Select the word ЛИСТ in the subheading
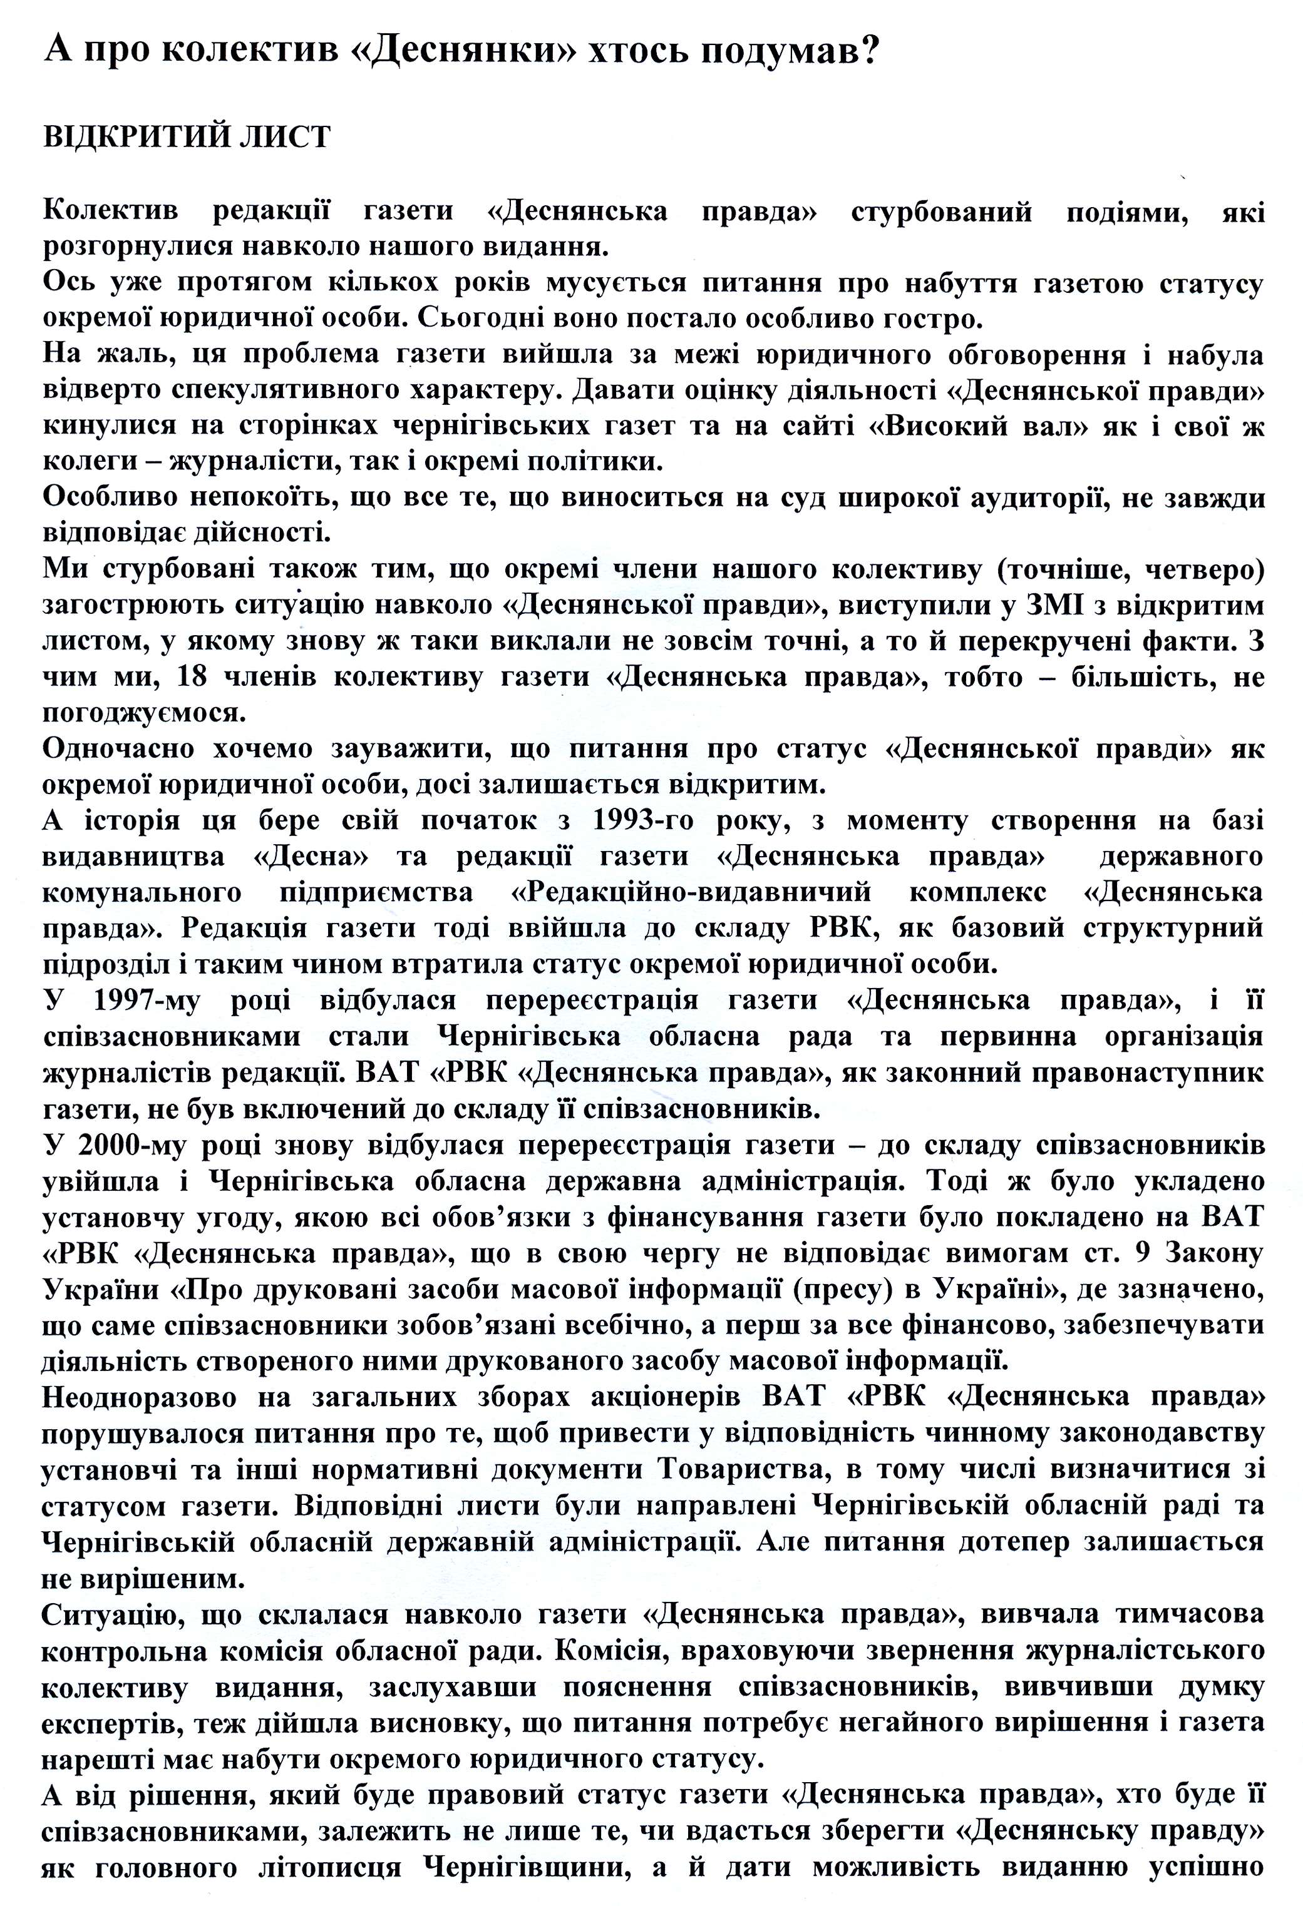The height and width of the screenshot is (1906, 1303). pyautogui.click(x=283, y=137)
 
